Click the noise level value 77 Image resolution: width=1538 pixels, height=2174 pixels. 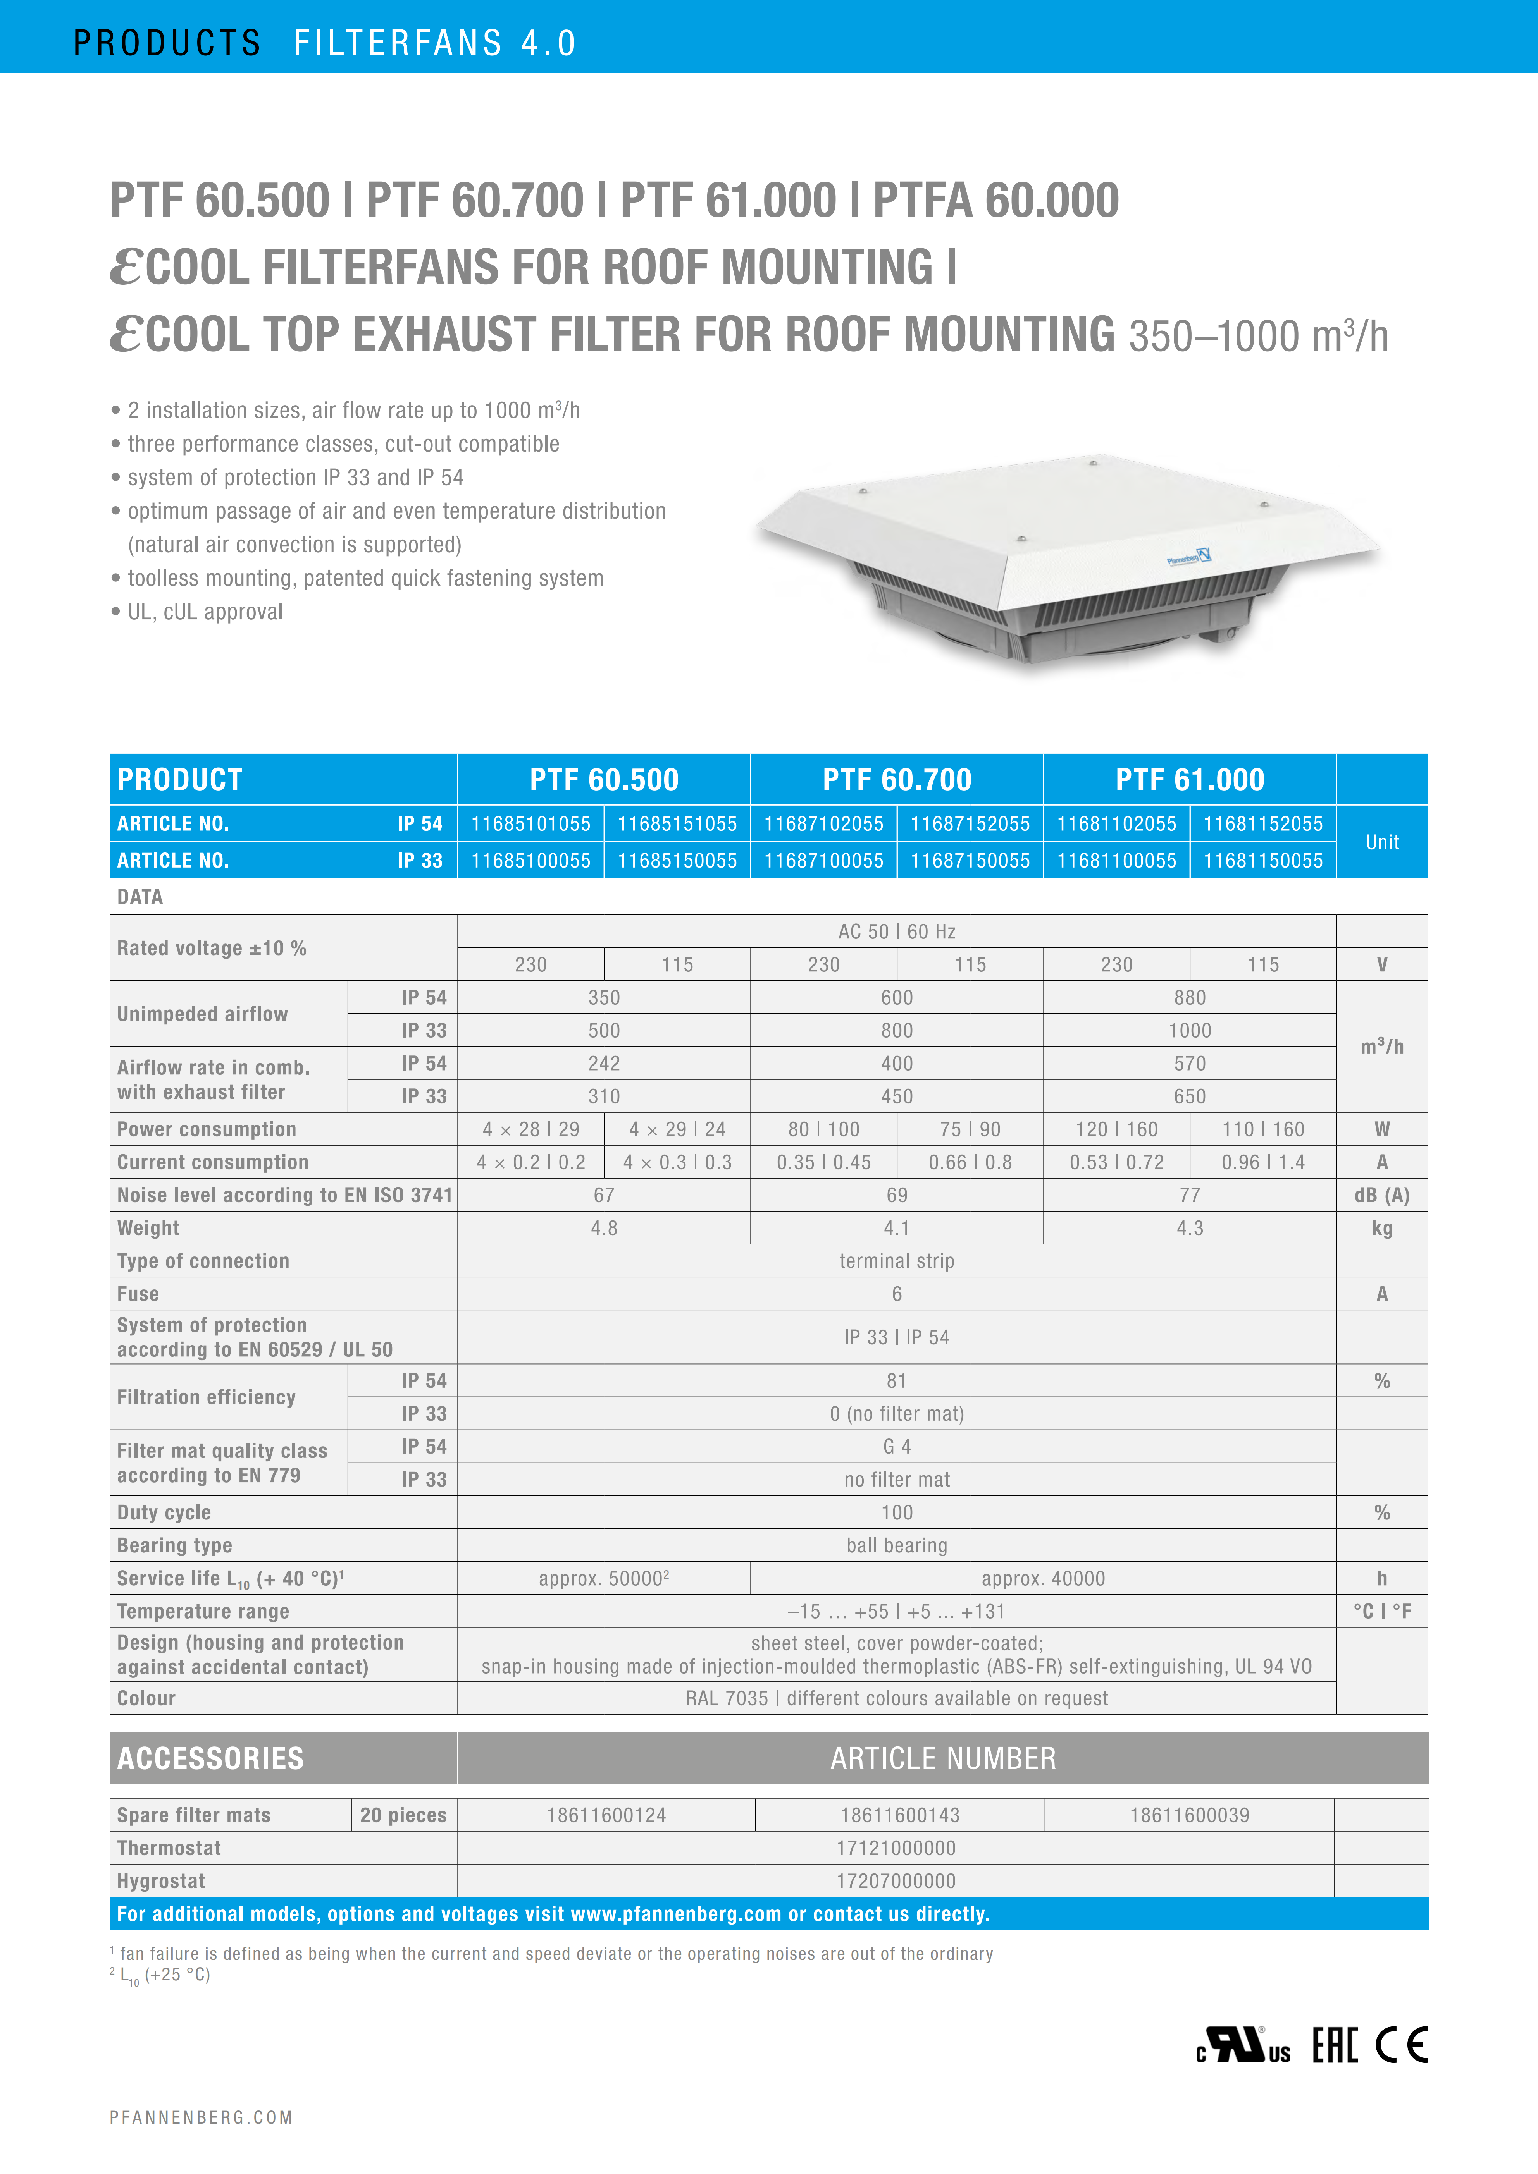pos(1190,1195)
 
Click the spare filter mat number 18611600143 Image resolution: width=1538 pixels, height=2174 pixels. pos(900,1815)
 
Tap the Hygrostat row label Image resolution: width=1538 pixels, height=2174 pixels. pos(161,1882)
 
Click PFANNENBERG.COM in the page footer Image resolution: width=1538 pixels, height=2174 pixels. pos(201,2118)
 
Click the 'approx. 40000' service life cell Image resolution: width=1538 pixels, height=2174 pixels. pos(1043,1578)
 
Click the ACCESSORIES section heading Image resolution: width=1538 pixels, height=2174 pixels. pos(210,1758)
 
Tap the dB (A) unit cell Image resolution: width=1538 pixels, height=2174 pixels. pos(1382,1195)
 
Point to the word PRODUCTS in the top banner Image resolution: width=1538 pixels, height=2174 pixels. pos(167,43)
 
